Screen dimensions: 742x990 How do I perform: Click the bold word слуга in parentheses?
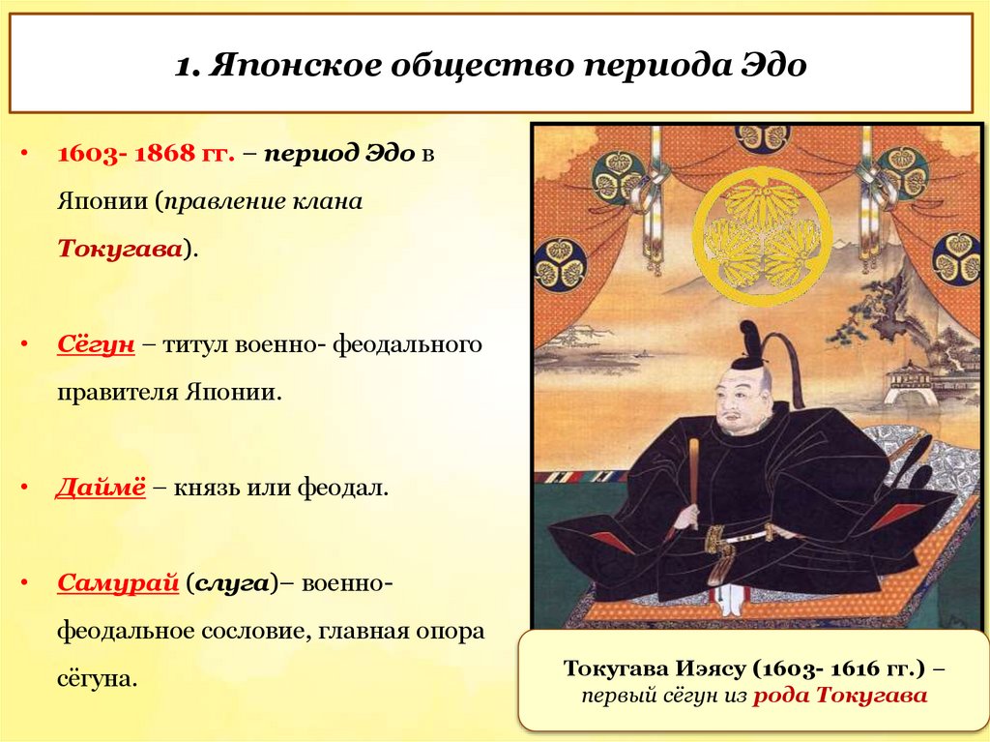(233, 582)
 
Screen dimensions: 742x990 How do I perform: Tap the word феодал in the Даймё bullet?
(353, 489)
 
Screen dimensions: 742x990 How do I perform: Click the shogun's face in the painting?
(740, 407)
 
